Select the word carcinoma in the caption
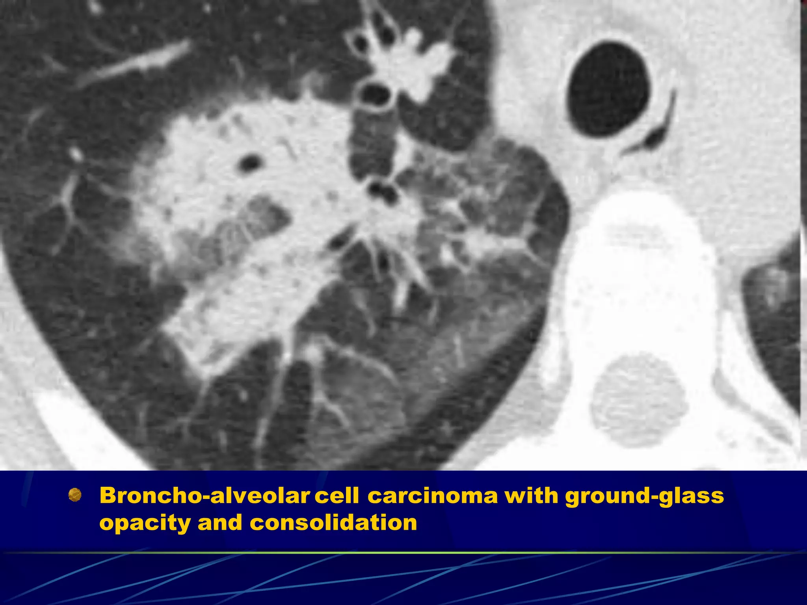coord(433,496)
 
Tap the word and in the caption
coord(220,523)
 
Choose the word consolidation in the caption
coord(333,523)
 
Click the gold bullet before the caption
coord(75,495)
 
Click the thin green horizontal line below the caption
coord(403,553)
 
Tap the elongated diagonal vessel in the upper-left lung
coord(134,65)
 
